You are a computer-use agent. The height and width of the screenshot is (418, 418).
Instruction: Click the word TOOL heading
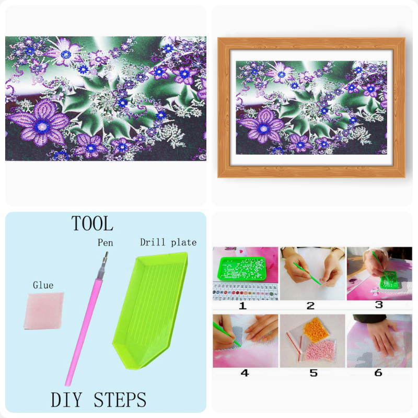click(92, 224)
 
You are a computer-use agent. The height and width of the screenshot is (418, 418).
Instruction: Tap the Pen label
click(106, 242)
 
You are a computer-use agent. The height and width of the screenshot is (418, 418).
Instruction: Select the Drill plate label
click(168, 242)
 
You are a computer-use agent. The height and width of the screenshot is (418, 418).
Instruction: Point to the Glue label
click(43, 285)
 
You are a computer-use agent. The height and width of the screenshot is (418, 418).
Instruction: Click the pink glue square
click(44, 311)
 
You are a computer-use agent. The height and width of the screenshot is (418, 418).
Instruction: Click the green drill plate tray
click(150, 310)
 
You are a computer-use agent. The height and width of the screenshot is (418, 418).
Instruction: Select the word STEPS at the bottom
click(120, 399)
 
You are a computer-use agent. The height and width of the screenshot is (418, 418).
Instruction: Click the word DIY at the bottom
click(66, 399)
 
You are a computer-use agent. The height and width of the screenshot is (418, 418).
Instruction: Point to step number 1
click(242, 306)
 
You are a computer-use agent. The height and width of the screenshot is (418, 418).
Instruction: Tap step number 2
click(310, 306)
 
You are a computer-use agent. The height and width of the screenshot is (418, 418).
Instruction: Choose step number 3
click(379, 305)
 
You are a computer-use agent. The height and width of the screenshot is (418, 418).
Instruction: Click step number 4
click(245, 373)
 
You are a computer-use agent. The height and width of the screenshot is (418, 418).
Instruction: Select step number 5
click(313, 373)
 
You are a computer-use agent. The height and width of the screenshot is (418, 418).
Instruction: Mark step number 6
click(378, 373)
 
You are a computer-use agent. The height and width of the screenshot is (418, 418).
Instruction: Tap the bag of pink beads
click(320, 351)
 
